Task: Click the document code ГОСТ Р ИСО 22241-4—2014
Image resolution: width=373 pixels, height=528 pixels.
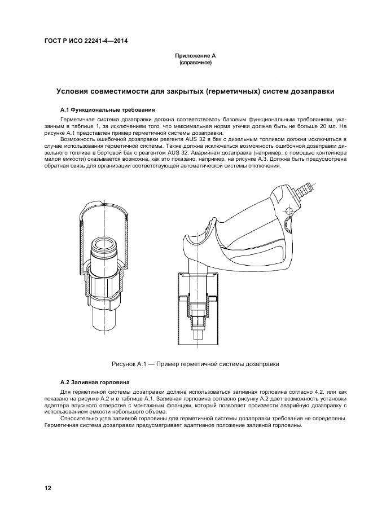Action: click(x=86, y=41)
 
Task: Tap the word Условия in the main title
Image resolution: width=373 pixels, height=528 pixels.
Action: click(x=73, y=91)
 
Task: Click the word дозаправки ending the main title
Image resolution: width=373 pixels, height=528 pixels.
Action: click(x=313, y=91)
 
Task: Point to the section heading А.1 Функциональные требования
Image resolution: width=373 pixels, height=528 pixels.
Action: click(x=107, y=110)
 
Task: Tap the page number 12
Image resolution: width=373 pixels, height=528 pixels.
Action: click(x=48, y=488)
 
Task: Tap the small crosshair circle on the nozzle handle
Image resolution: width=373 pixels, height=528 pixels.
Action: click(x=289, y=211)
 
